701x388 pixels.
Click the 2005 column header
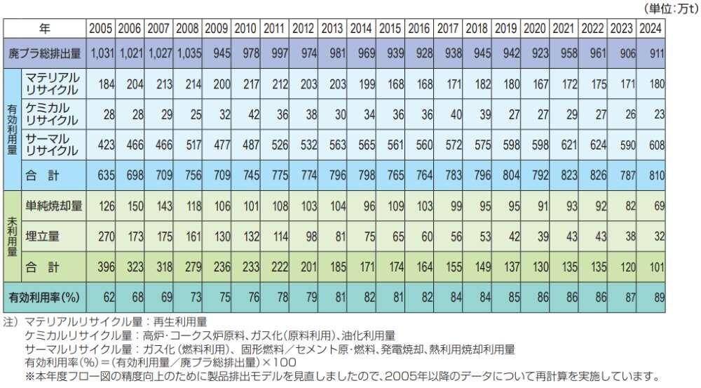pyautogui.click(x=100, y=29)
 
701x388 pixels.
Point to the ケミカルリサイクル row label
pyautogui.click(x=52, y=114)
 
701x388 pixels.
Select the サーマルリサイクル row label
pyautogui.click(x=52, y=145)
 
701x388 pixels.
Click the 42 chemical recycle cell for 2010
pyautogui.click(x=249, y=114)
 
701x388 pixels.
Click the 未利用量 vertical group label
pyautogui.click(x=12, y=236)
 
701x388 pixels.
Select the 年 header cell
pyautogui.click(x=45, y=29)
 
